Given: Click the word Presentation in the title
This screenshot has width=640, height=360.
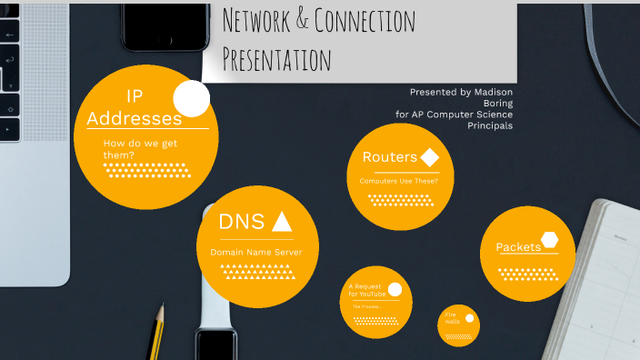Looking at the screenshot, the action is coord(277,61).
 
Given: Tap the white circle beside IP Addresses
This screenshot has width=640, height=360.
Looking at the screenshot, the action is coord(191,98).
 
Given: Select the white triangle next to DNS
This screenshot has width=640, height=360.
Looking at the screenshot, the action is coord(282,221).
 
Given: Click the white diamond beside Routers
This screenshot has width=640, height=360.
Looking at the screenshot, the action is coord(430,157).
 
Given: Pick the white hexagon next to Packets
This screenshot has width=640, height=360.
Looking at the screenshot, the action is coord(549,240).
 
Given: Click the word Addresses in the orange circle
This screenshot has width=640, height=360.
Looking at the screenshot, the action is coord(134,118).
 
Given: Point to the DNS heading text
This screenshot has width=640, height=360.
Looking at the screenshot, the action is coord(242,221).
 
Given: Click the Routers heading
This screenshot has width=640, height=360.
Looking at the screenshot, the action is coord(389,157).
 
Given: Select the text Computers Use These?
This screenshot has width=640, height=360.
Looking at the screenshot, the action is coord(398,181).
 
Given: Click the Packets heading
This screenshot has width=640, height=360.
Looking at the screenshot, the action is coord(518,247).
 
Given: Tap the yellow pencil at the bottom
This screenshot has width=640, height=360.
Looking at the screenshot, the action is coord(156,333).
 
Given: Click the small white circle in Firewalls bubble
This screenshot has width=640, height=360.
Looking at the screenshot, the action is coord(470,318).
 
